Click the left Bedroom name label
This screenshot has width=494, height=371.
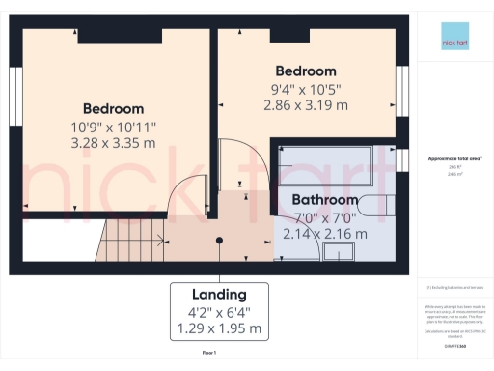[x=114, y=108]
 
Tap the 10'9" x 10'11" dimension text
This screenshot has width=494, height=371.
[x=114, y=127]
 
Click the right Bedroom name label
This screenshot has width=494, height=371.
[x=306, y=71]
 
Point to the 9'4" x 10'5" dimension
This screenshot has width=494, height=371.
[x=306, y=90]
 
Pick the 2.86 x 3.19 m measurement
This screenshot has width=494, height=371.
[x=306, y=106]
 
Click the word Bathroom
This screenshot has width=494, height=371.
[x=325, y=199]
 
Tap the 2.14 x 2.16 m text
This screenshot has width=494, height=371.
[x=325, y=233]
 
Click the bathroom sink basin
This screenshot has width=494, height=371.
[x=339, y=252]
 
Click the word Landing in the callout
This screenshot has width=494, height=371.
[x=219, y=293]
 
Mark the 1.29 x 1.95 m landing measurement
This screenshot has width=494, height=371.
[x=219, y=328]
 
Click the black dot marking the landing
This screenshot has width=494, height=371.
[x=219, y=240]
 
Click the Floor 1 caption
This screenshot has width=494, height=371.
[x=208, y=354]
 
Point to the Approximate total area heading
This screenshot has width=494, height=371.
[x=450, y=157]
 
